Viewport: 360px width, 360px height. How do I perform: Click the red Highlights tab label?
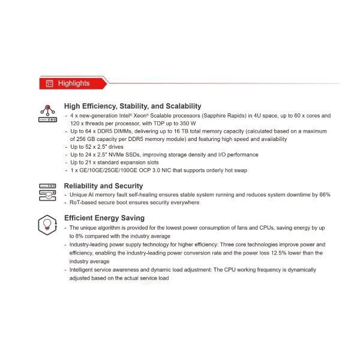click(x=73, y=83)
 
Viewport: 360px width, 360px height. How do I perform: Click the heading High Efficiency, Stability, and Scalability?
click(x=133, y=106)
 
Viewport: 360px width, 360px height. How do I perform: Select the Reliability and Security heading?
click(x=103, y=186)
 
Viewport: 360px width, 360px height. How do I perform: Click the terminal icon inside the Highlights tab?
click(x=50, y=83)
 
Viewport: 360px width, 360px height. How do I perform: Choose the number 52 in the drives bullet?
click(x=91, y=146)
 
